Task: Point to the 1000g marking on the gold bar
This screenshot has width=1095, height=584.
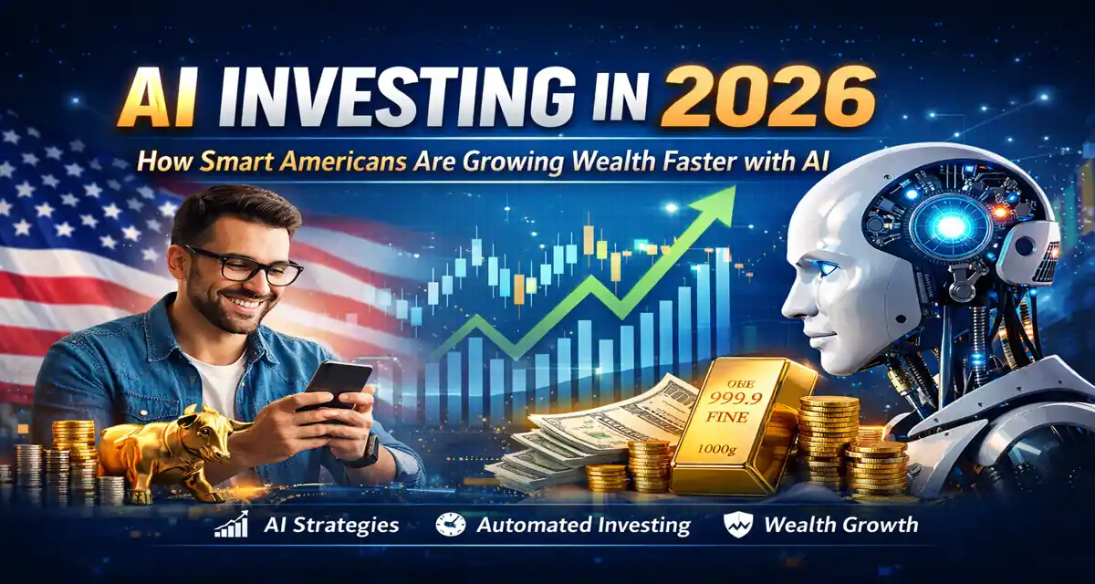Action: pos(730,450)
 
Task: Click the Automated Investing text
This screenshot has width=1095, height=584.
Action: pos(584,525)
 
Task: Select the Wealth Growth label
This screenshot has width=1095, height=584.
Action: pos(840,525)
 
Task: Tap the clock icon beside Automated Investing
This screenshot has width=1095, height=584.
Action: pos(452,525)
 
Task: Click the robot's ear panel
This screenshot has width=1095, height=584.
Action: pos(1027,252)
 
